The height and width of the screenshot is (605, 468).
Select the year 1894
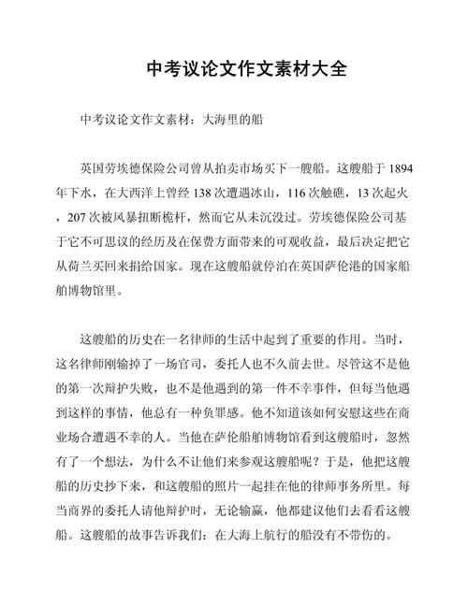[x=398, y=169]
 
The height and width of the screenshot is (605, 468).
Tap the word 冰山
[x=271, y=194]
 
